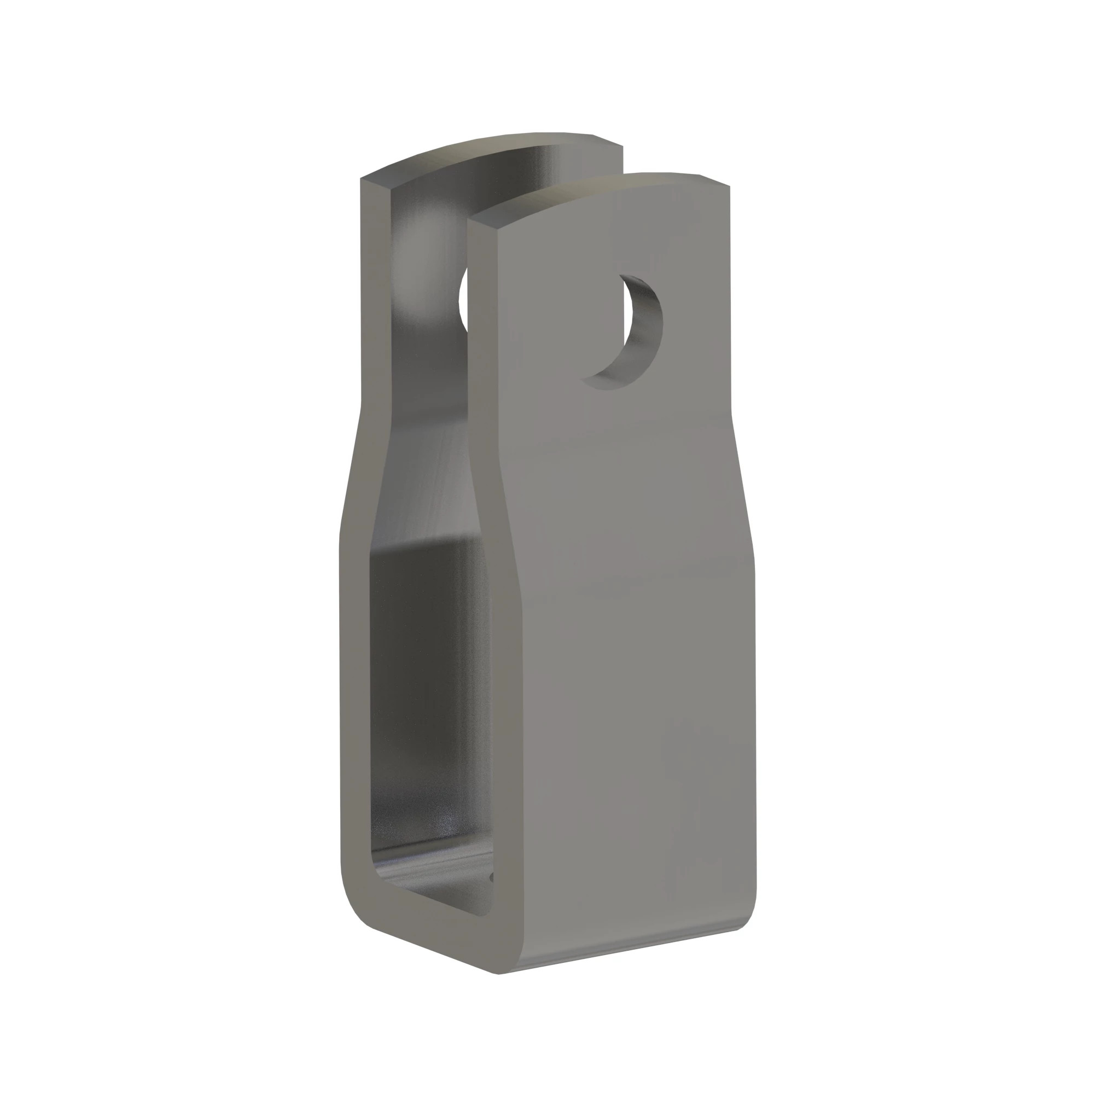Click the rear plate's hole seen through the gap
coord(463,300)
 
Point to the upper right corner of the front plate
coord(727,187)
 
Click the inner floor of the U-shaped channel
coord(430,883)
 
